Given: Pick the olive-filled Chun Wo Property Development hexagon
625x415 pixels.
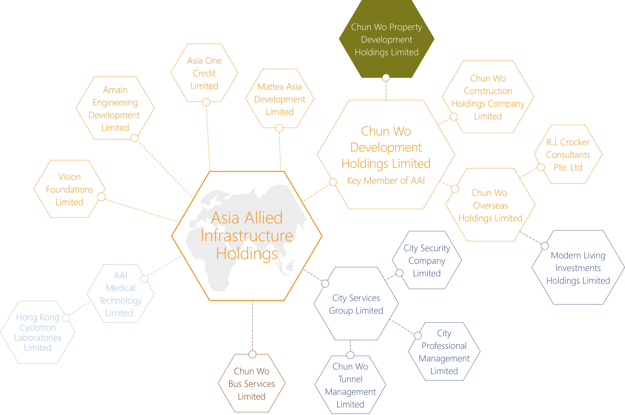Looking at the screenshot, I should (x=386, y=40).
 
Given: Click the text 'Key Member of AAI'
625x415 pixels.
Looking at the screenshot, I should (x=386, y=181).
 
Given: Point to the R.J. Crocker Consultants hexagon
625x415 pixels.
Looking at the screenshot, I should (x=568, y=155).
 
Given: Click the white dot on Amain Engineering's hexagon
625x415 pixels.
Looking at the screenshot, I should (x=134, y=138).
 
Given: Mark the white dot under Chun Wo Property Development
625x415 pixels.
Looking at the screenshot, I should (x=386, y=77).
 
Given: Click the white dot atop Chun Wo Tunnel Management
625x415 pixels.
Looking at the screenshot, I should (x=350, y=355).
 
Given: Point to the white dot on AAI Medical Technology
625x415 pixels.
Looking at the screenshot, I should (x=144, y=279).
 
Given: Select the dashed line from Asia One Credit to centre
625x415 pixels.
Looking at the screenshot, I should (x=208, y=138).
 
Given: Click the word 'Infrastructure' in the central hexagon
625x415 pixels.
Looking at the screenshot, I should (x=247, y=236).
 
